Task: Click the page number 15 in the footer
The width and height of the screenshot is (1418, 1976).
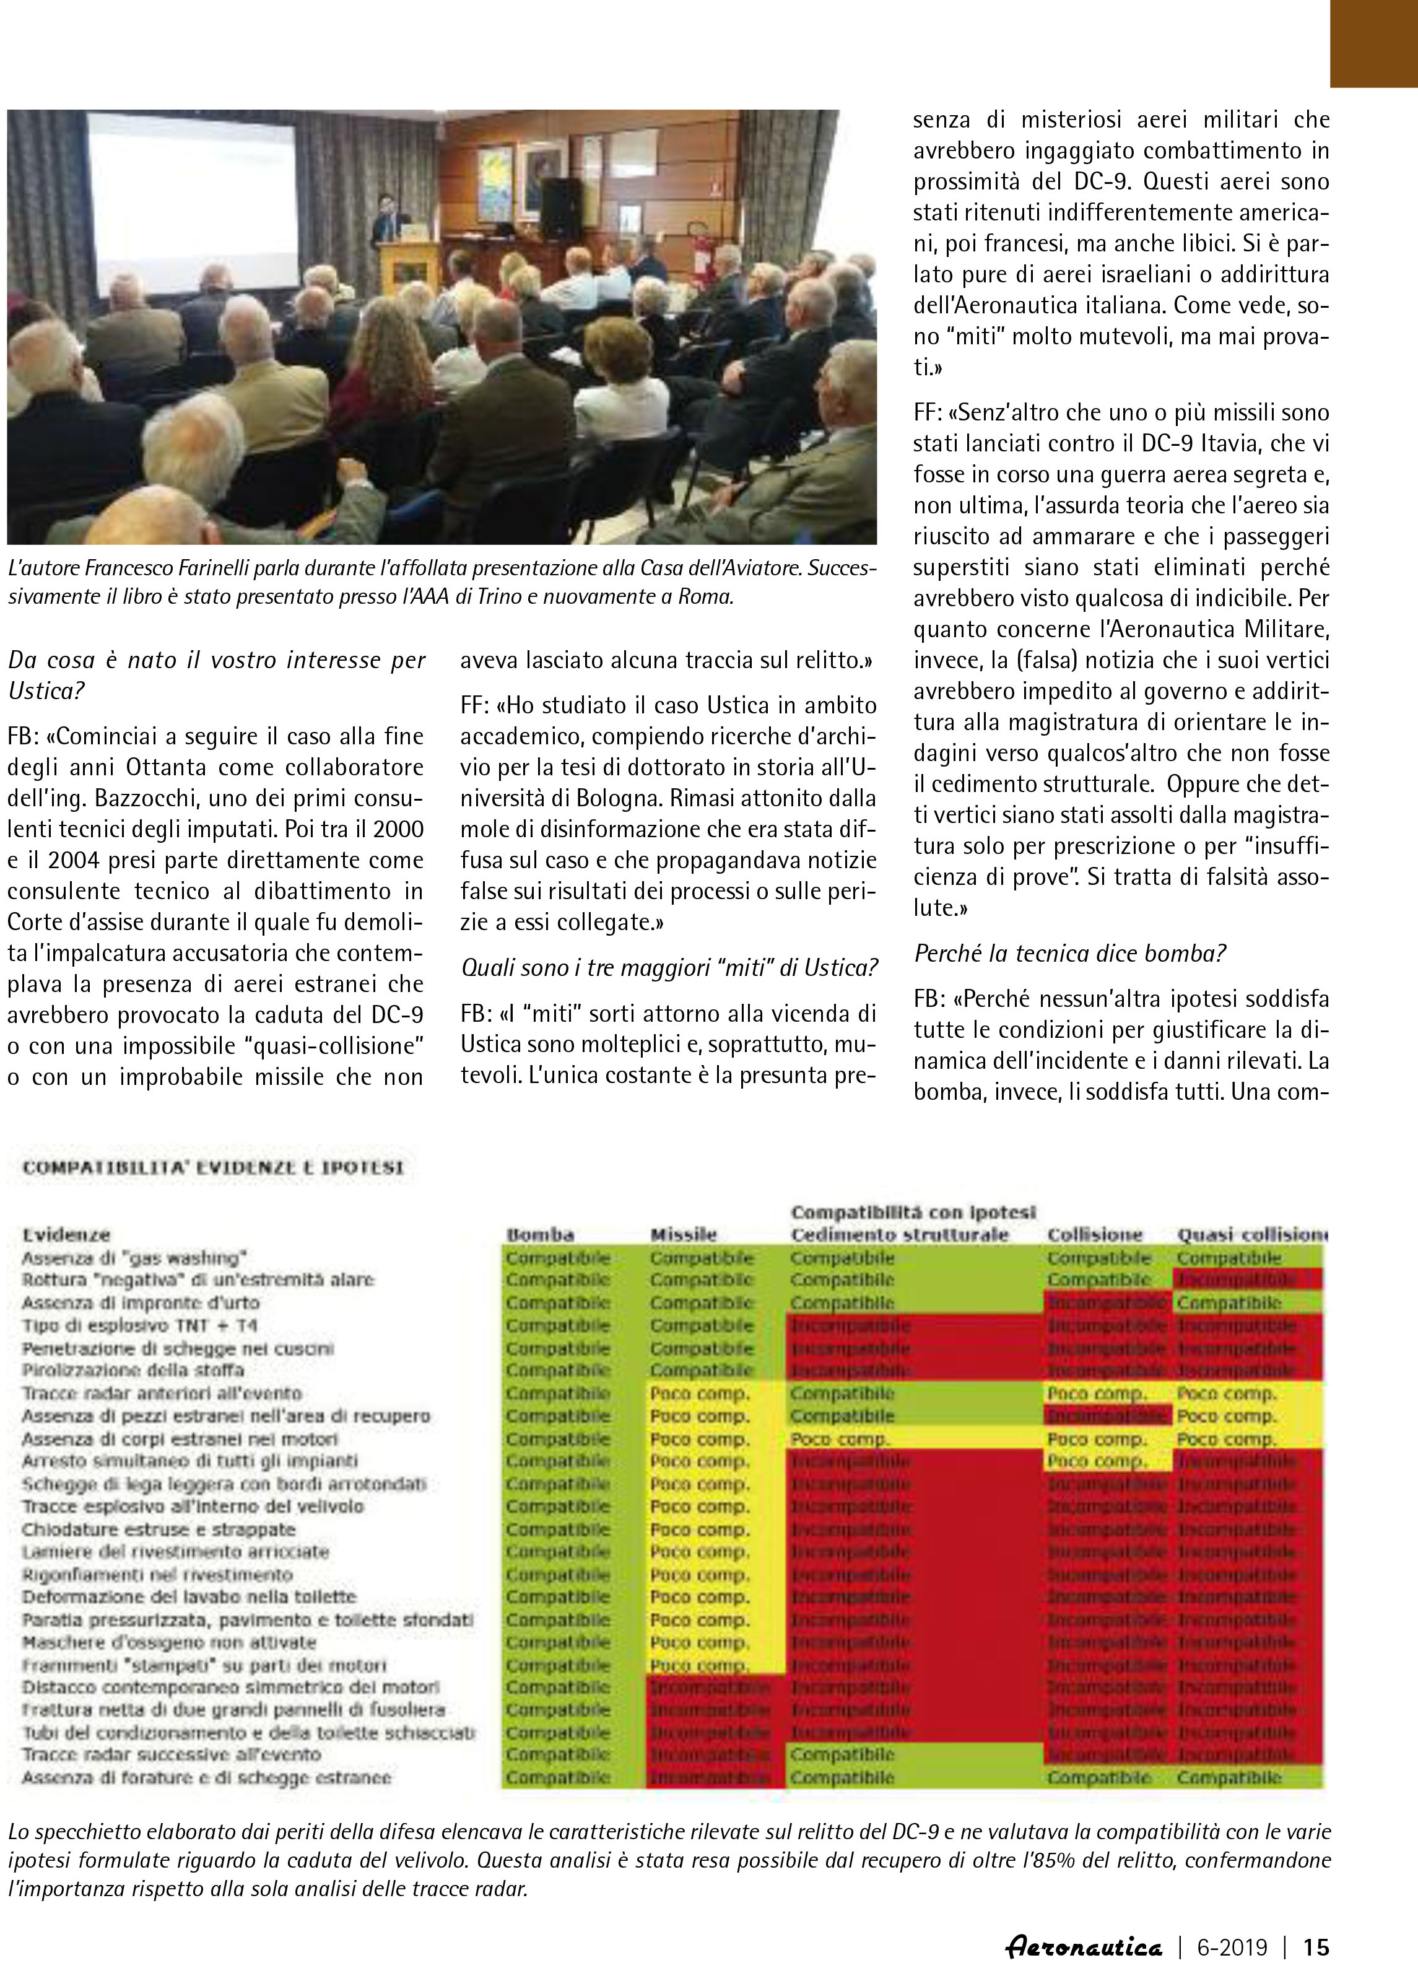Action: pos(1315,1946)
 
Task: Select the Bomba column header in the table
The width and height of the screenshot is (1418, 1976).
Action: pos(540,1235)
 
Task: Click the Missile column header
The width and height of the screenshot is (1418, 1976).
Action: pos(683,1235)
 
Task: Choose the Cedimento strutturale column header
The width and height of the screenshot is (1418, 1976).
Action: pos(899,1235)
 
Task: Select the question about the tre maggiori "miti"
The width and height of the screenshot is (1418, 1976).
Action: pos(669,967)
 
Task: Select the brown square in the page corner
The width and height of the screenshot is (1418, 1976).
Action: pos(1373,43)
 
